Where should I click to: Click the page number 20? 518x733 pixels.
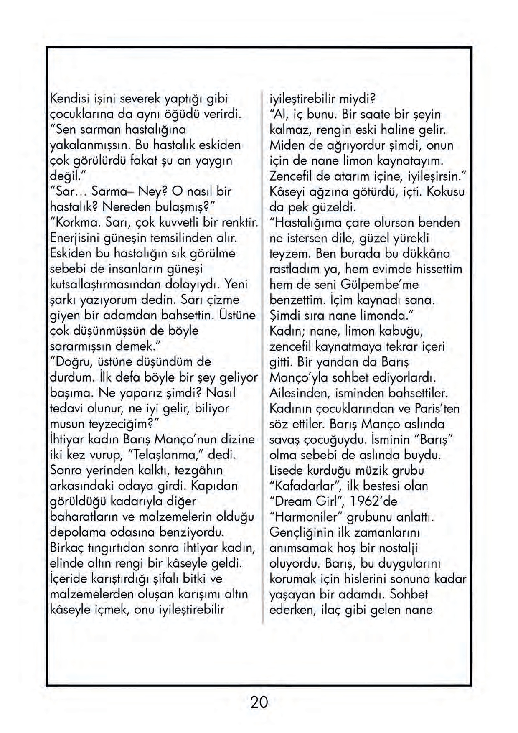[x=259, y=702]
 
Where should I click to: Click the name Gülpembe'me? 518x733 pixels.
[x=380, y=285]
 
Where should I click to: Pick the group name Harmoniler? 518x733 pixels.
[x=306, y=517]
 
